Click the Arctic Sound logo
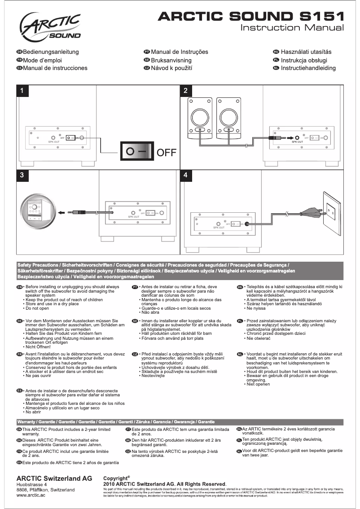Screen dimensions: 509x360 50,26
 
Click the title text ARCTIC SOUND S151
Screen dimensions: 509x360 251,17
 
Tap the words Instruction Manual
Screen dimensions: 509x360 293,28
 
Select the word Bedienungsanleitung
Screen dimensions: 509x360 51,52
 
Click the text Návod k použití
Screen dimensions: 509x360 171,68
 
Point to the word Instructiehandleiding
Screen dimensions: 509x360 308,68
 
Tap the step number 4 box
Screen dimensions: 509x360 186,176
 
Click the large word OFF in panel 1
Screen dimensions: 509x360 166,152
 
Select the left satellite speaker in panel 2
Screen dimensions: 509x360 200,117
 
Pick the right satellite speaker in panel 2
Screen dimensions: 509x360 229,117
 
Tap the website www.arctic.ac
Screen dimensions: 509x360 31,495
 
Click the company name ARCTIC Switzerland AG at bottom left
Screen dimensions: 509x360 54,478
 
